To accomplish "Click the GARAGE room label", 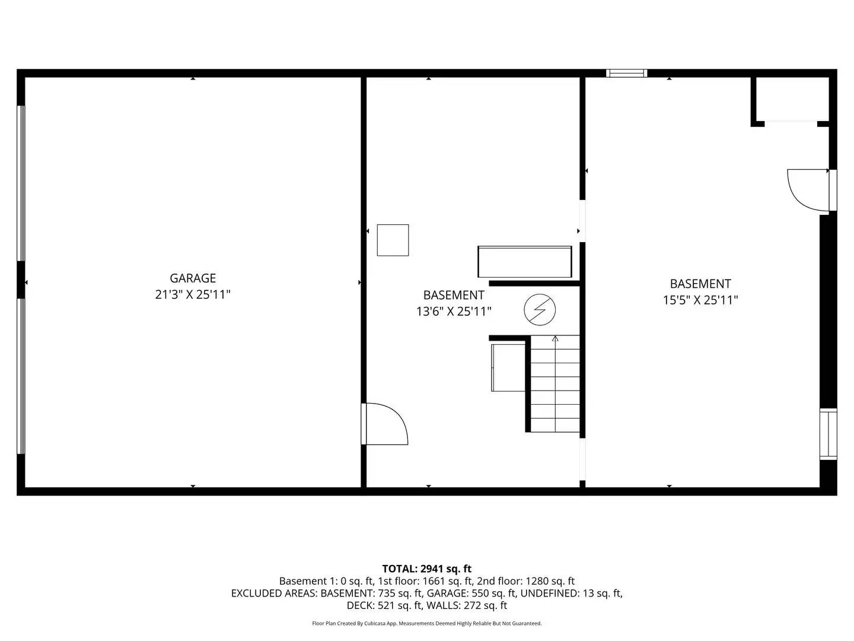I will (193, 278).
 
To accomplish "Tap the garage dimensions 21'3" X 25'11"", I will (193, 294).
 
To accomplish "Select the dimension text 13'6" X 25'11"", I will (454, 311).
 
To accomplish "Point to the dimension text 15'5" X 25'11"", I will (700, 300).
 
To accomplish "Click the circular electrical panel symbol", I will (540, 310).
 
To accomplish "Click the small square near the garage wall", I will (393, 240).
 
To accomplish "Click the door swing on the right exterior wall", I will (808, 189).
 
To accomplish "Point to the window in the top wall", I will (626, 74).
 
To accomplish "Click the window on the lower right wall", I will (828, 434).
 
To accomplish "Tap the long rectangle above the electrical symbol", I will (524, 262).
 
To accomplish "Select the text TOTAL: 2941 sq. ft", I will (426, 569).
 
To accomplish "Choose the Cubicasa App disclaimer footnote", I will (426, 623).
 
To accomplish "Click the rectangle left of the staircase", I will (508, 367).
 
